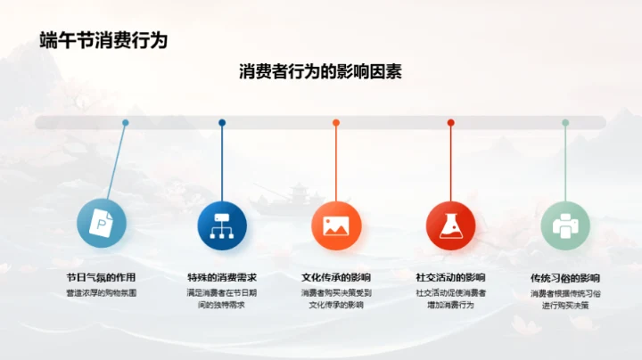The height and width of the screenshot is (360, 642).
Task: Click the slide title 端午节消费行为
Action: pyautogui.click(x=103, y=40)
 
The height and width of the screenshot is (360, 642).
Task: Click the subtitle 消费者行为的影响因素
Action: pyautogui.click(x=321, y=71)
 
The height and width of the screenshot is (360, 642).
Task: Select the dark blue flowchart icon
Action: pyautogui.click(x=222, y=225)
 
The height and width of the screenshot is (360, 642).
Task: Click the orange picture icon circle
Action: pyautogui.click(x=336, y=225)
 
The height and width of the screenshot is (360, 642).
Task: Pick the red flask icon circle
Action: pyautogui.click(x=450, y=225)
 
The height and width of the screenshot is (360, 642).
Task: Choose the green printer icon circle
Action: pyautogui.click(x=565, y=225)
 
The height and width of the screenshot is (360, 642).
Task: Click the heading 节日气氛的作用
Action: pyautogui.click(x=101, y=277)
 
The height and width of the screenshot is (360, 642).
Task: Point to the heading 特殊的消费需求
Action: pyautogui.click(x=222, y=277)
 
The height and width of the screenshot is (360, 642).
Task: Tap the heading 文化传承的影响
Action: pyautogui.click(x=336, y=277)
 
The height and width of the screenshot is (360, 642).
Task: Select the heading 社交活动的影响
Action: pyautogui.click(x=450, y=277)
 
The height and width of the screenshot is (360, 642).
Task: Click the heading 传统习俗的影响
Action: pyautogui.click(x=565, y=278)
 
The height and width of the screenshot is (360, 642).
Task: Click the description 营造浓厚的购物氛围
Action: pyautogui.click(x=101, y=291)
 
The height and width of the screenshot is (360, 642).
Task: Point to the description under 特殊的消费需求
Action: pyautogui.click(x=222, y=298)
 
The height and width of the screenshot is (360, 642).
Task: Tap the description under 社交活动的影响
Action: pyautogui.click(x=450, y=298)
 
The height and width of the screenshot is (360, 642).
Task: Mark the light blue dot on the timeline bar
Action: pyautogui.click(x=125, y=123)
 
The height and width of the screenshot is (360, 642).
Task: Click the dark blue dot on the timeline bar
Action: pyautogui.click(x=222, y=123)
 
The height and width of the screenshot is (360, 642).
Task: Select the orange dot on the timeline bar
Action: pyautogui.click(x=336, y=123)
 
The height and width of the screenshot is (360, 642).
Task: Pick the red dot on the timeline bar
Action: pyautogui.click(x=450, y=123)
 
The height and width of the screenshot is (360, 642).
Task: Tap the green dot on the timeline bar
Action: pyautogui.click(x=565, y=123)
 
